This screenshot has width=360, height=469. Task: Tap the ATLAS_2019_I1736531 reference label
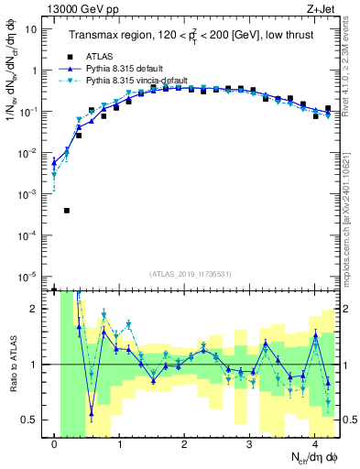click(x=190, y=274)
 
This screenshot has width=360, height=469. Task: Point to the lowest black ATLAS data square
click(x=67, y=211)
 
